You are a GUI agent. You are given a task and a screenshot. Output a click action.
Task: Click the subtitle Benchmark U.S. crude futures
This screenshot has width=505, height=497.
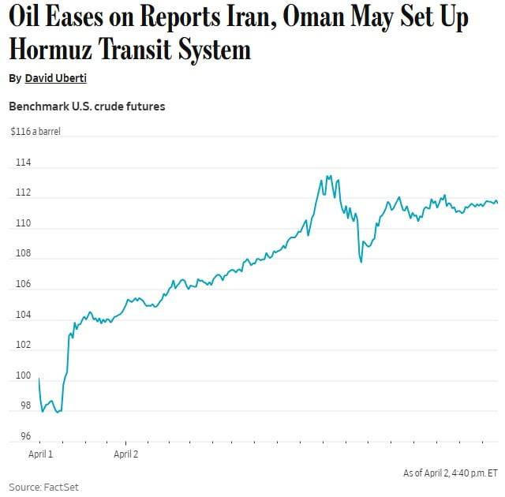87,106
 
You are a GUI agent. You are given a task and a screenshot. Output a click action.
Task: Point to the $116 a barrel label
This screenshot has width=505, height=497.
36,132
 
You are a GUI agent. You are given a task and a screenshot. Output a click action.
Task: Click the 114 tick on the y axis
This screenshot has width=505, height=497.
23,163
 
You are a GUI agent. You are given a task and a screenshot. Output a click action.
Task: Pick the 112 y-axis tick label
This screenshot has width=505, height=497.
23,193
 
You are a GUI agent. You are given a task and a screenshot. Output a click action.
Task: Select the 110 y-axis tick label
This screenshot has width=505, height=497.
23,223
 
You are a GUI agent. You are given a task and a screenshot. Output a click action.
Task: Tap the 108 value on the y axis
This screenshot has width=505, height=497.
23,254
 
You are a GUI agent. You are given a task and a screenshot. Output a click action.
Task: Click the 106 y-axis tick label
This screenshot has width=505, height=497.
23,284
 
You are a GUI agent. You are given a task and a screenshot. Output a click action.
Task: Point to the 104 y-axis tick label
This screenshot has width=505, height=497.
23,315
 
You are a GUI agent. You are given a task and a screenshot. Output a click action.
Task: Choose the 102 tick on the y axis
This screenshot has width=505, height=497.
23,345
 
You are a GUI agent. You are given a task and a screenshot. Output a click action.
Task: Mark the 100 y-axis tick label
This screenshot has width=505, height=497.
23,376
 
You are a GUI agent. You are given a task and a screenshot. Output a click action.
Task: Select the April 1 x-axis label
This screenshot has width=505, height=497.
40,454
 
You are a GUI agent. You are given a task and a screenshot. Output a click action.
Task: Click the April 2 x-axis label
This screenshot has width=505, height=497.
126,454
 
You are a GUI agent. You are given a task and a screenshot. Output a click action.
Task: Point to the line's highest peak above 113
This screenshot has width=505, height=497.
328,177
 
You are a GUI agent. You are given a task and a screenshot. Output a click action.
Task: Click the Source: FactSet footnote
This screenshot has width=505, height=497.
44,487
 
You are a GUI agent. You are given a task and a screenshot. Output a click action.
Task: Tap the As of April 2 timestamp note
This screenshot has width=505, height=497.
450,473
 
